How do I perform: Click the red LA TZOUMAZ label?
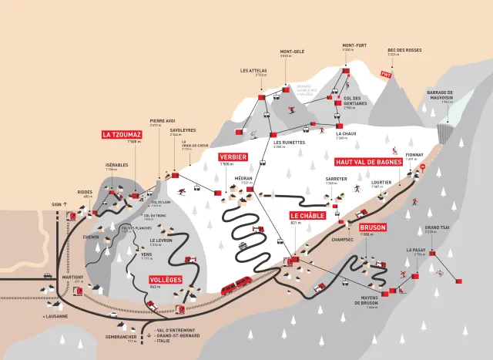pyautogui.click(x=122, y=134)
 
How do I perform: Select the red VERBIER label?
pyautogui.click(x=233, y=156)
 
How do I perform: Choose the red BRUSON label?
pyautogui.click(x=372, y=227)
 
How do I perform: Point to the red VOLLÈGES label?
pyautogui.click(x=166, y=280)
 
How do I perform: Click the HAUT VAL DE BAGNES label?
pyautogui.click(x=368, y=162)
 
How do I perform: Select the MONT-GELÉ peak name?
pyautogui.click(x=293, y=52)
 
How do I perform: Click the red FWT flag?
pyautogui.click(x=387, y=75)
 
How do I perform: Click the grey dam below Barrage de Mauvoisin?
pyautogui.click(x=444, y=132)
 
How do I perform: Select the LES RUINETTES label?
pyautogui.click(x=289, y=142)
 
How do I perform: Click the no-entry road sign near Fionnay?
pyautogui.click(x=421, y=176)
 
